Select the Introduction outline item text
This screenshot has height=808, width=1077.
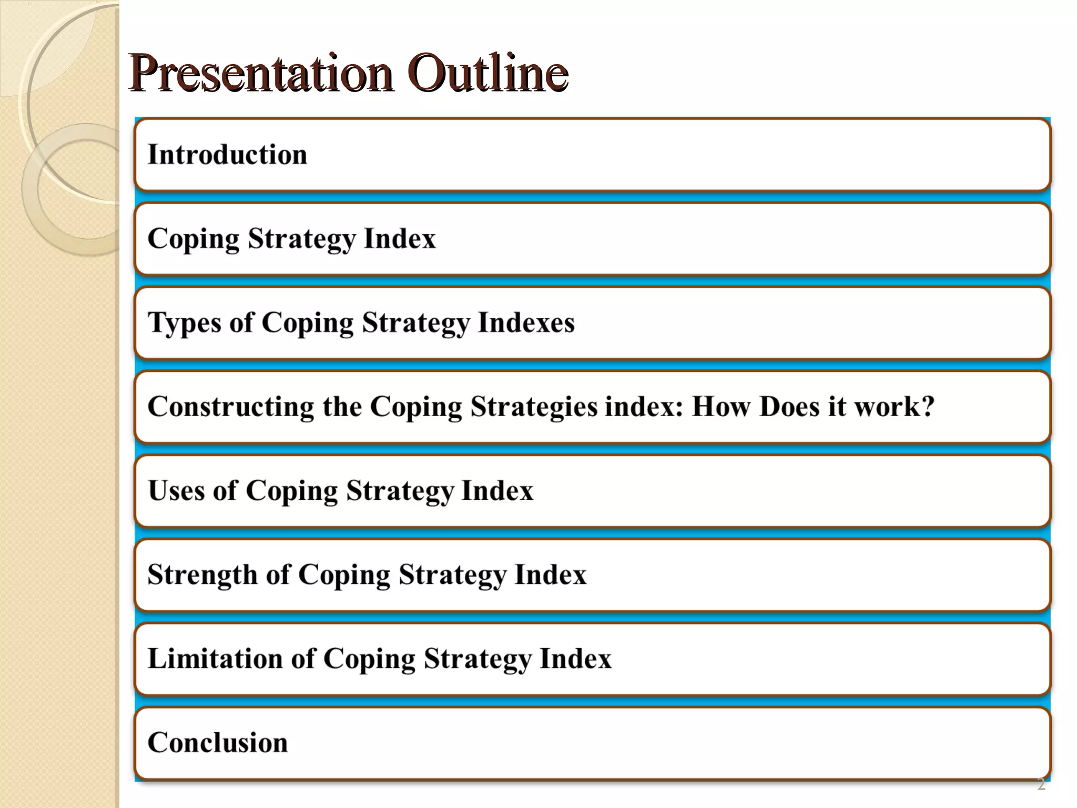coord(227,155)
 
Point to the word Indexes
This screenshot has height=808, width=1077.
coord(526,322)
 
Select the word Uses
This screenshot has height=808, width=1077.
coord(176,490)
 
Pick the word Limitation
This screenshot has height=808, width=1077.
coord(215,659)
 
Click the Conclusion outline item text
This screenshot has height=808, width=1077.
coord(218,743)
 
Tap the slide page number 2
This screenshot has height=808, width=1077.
coord(1041,784)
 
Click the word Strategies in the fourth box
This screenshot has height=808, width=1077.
coord(533,407)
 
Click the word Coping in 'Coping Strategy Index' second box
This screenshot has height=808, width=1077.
coord(193,239)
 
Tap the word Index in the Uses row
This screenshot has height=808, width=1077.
coord(497,490)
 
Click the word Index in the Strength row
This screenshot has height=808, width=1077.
coord(550,574)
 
